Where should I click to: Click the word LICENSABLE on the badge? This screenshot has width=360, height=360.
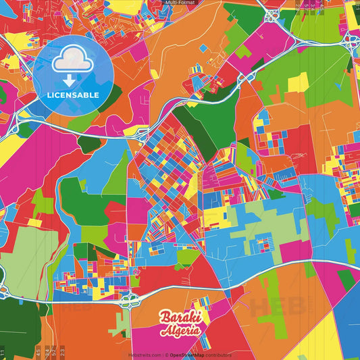pos(73,94)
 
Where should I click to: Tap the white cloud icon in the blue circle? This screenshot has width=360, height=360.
pos(73,61)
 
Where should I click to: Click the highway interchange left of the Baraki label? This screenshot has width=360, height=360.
pos(126,299)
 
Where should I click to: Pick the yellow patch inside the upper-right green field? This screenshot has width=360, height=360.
pos(299,82)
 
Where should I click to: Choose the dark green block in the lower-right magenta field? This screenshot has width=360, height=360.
pos(346,279)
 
